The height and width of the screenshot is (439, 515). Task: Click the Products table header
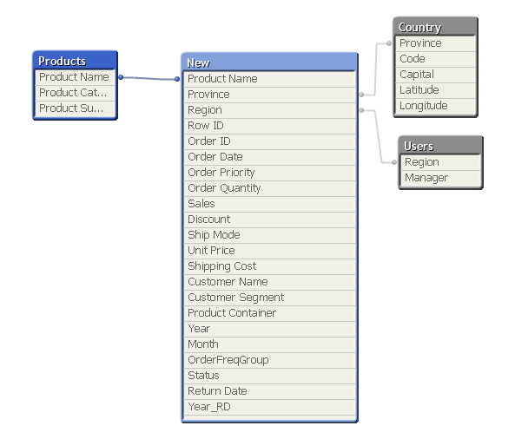click(75, 61)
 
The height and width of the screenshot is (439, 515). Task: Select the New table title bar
click(269, 62)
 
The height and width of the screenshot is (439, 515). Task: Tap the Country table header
click(435, 27)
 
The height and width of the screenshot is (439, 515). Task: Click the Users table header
click(440, 146)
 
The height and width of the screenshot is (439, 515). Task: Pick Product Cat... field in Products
click(75, 93)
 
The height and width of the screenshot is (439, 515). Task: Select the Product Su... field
click(75, 108)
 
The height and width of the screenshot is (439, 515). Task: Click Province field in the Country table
click(435, 43)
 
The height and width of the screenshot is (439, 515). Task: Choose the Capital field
click(435, 75)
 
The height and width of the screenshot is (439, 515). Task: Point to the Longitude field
click(435, 106)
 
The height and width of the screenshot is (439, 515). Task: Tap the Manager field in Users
click(440, 178)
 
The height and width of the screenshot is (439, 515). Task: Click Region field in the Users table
click(440, 162)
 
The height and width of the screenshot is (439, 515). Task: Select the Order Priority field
click(269, 173)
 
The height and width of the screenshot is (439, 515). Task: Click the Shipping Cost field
click(269, 266)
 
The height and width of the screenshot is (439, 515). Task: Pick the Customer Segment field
click(269, 298)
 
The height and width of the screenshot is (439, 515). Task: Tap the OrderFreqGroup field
click(269, 360)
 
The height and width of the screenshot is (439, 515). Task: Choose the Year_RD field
click(269, 407)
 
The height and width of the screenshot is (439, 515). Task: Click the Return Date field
click(269, 391)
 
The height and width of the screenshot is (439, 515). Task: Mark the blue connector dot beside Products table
click(121, 77)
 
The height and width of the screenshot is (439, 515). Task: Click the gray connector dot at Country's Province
click(389, 43)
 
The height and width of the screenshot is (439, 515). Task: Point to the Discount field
click(269, 219)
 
